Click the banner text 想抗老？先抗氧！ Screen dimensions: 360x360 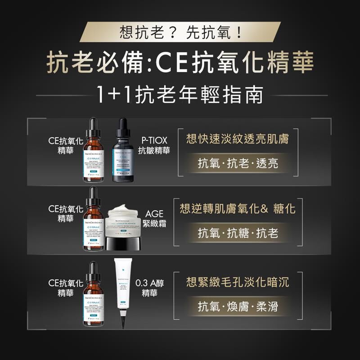click(x=180, y=32)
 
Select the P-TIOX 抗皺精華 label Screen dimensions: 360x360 click(x=154, y=145)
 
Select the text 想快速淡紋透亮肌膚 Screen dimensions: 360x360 click(x=238, y=139)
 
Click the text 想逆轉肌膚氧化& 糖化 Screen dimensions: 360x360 click(x=238, y=209)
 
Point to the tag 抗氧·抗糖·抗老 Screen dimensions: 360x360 click(x=238, y=233)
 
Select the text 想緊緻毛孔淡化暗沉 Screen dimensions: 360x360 click(x=238, y=283)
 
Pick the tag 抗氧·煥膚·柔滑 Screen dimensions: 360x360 click(x=238, y=307)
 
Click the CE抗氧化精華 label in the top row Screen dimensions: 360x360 click(x=66, y=145)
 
